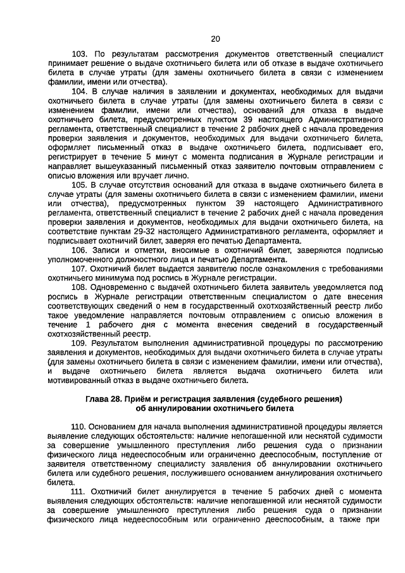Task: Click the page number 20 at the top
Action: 215,39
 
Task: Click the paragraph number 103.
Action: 79,54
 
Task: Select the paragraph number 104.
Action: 79,91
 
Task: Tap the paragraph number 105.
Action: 79,184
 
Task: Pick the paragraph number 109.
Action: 79,343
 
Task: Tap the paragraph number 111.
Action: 79,491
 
